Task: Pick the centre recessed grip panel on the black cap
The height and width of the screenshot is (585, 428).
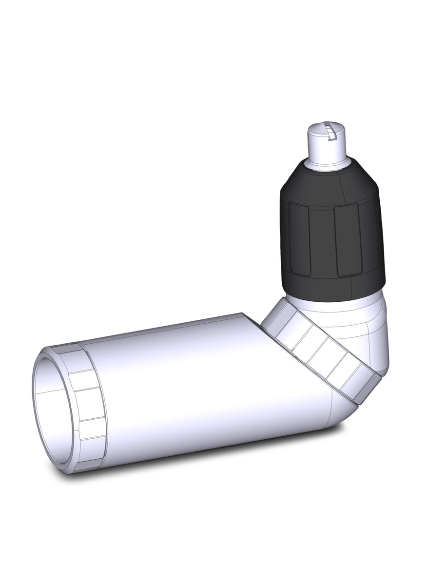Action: point(321,240)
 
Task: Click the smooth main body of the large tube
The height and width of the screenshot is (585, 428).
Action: point(195,385)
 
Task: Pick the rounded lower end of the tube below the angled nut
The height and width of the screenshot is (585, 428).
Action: point(336,414)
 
